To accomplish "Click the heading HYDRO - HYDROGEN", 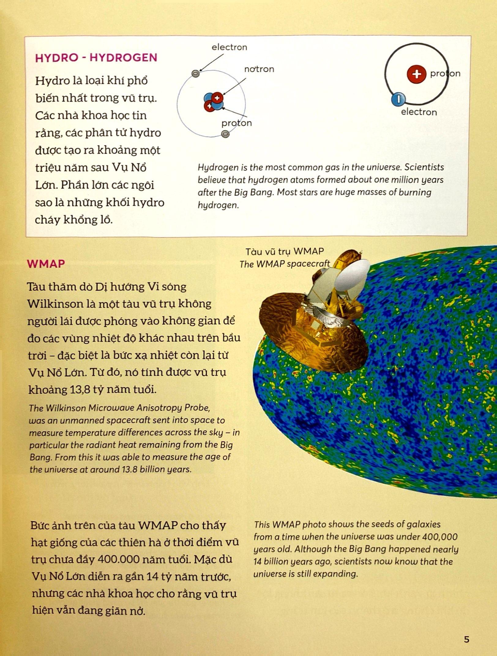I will [96, 58].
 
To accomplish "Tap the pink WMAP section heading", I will [46, 264].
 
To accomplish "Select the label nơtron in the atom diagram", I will [259, 69].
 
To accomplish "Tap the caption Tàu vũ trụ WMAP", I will [284, 252].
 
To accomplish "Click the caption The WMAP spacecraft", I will [285, 264].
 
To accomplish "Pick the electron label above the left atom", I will [229, 47].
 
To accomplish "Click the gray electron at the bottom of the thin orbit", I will [225, 134].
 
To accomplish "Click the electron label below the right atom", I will [419, 112].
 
